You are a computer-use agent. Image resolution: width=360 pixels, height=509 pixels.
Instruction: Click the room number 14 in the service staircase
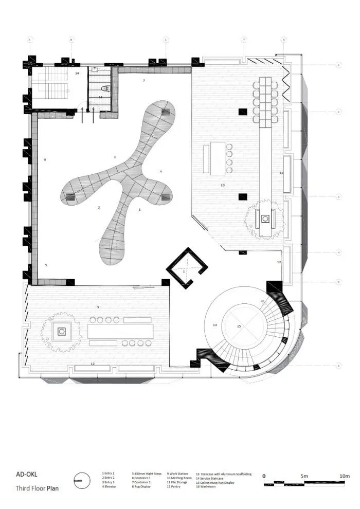[x=77, y=74]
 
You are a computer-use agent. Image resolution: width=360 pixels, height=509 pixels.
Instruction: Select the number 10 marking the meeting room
[x=222, y=184]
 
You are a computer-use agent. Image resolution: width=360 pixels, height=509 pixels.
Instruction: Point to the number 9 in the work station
[x=97, y=307]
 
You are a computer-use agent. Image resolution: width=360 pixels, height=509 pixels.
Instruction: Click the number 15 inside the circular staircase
[x=239, y=326]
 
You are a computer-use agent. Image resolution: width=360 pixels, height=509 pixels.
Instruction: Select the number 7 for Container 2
[x=143, y=81]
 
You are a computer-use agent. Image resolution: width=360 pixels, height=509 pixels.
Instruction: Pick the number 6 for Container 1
[x=45, y=160]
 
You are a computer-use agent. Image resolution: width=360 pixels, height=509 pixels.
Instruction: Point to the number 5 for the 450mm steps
[x=46, y=265]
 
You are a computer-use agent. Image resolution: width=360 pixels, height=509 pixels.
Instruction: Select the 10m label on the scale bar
[x=344, y=476]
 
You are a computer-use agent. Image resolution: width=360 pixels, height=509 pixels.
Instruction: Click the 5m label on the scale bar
[x=305, y=476]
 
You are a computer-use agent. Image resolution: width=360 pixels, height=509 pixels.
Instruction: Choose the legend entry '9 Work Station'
[x=177, y=474]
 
